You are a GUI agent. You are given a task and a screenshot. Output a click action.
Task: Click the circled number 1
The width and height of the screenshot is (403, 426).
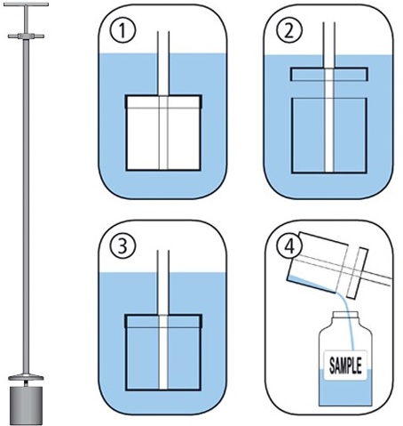tap(123, 31)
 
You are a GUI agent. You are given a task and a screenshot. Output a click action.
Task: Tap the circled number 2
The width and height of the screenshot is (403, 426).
tap(289, 31)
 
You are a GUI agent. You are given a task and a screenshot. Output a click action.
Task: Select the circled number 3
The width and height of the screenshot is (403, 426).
tap(123, 246)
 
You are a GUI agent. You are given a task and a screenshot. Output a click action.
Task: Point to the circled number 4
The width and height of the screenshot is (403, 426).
tap(289, 246)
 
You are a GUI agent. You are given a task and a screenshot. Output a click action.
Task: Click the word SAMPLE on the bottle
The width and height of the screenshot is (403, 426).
tap(345, 366)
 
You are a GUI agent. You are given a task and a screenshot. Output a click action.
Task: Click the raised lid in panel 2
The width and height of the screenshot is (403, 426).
tap(328, 74)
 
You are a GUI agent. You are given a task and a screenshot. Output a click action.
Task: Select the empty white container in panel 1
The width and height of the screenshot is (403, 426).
tap(163, 133)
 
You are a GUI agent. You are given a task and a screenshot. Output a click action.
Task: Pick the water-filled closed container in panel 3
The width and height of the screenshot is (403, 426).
tap(163, 352)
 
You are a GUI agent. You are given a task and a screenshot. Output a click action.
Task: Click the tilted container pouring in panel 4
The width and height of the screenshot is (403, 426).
tap(318, 262)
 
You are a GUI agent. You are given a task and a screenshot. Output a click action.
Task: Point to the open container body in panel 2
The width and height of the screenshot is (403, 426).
tap(329, 135)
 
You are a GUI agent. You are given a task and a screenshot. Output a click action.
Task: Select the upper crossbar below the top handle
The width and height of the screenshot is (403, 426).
tap(26, 36)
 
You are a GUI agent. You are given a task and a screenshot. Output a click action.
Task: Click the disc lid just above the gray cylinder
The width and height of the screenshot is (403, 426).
tap(26, 378)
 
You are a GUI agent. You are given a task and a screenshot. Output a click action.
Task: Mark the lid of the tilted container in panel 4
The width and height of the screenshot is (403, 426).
tap(358, 272)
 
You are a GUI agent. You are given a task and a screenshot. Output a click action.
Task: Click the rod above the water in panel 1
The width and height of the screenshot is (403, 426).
tap(163, 42)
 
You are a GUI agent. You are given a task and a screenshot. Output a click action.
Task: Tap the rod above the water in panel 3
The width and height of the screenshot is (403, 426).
tap(163, 261)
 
